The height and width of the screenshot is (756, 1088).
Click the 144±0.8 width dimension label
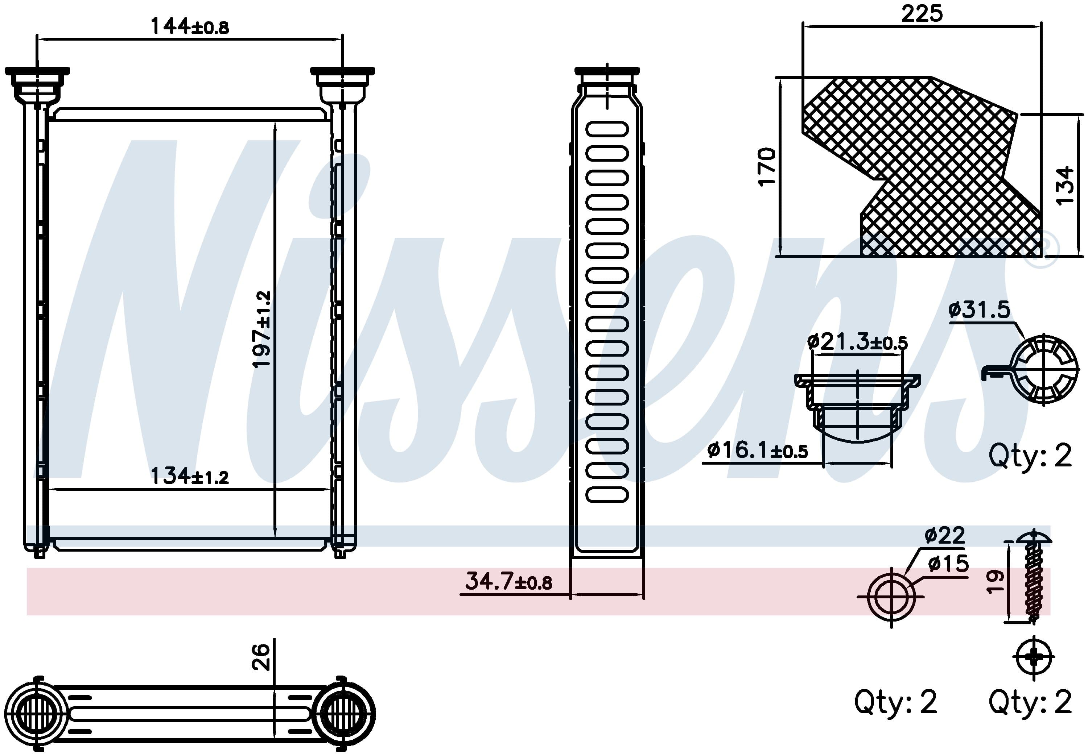(190, 26)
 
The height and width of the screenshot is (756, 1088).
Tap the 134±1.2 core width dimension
(190, 476)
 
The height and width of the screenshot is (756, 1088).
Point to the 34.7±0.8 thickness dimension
(508, 581)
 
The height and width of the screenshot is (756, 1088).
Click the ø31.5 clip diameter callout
(979, 310)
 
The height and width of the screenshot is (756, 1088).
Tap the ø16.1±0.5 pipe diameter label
(757, 450)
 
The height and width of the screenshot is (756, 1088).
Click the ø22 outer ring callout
(944, 535)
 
